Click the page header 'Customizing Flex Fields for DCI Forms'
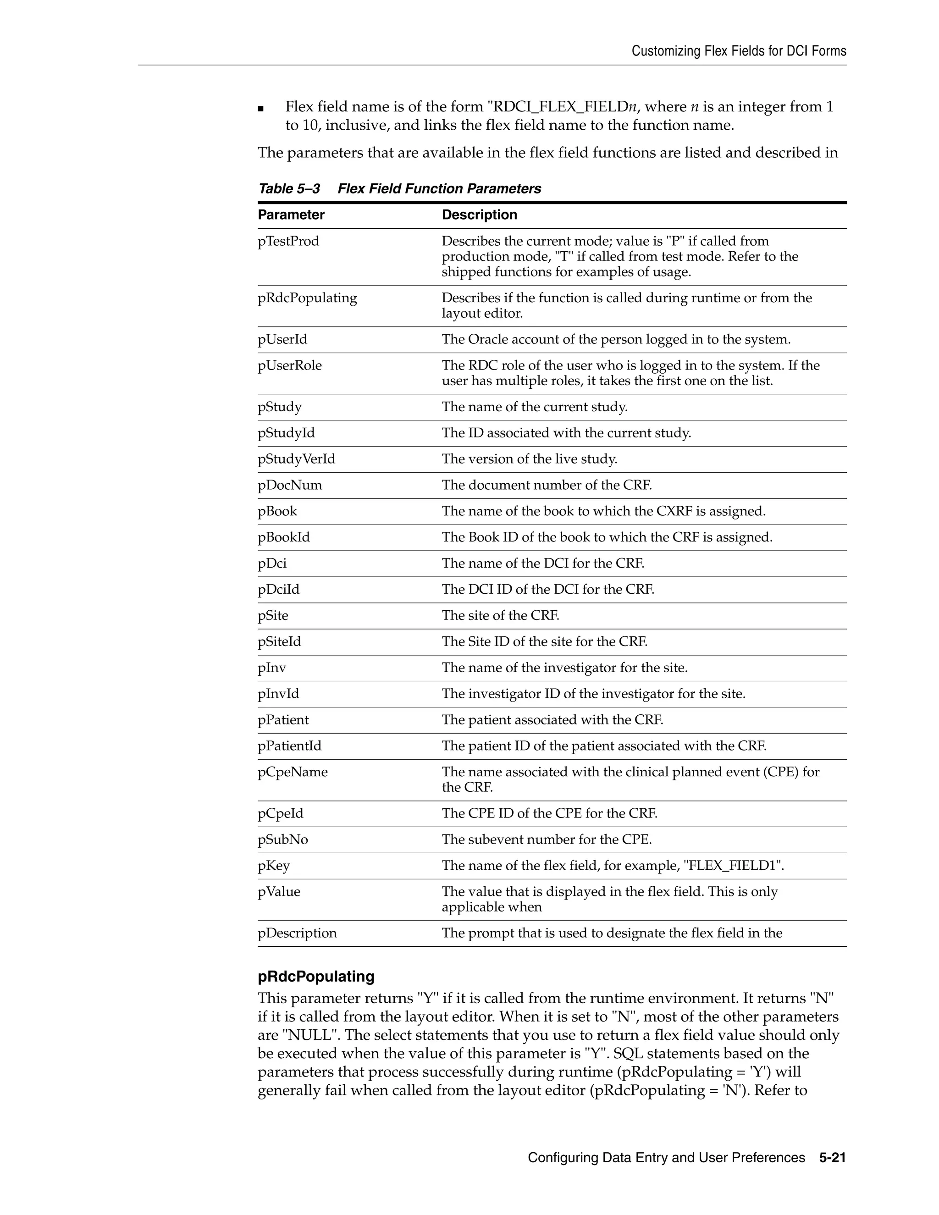click(738, 51)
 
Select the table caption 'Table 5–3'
click(289, 188)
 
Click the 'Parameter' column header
click(291, 215)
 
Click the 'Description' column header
click(479, 215)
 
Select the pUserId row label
click(282, 339)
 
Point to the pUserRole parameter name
click(289, 365)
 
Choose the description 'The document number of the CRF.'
click(546, 485)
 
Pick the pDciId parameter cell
click(278, 589)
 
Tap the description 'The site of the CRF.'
click(500, 615)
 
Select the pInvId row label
click(278, 694)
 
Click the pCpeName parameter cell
click(293, 772)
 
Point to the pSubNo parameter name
click(282, 839)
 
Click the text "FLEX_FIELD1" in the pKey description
click(733, 866)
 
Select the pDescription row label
click(297, 933)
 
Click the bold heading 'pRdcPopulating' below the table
click(315, 976)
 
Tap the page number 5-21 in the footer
click(832, 1158)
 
